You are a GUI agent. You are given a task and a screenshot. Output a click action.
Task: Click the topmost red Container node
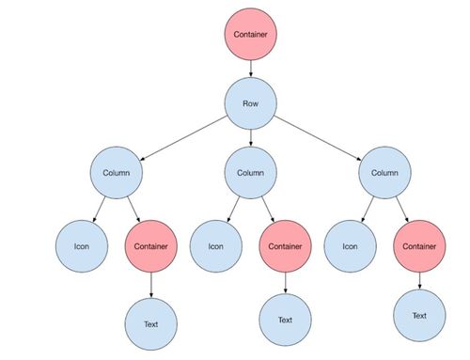click(251, 34)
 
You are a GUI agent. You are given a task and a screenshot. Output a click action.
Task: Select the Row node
click(251, 103)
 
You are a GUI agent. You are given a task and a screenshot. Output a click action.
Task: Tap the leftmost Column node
click(117, 173)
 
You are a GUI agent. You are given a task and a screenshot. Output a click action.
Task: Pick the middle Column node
click(251, 173)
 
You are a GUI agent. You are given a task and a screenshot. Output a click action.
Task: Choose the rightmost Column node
click(384, 173)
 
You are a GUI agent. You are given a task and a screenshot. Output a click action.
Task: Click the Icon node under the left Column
click(82, 246)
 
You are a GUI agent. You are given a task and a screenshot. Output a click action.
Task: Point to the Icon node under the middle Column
click(216, 246)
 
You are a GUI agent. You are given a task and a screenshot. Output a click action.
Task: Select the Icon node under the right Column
click(350, 246)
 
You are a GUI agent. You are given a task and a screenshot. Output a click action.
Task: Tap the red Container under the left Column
click(151, 246)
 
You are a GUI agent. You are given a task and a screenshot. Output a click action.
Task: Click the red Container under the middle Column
click(285, 246)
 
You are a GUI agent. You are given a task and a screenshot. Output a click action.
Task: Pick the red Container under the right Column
click(419, 246)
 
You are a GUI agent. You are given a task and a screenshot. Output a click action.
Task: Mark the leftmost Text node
click(151, 324)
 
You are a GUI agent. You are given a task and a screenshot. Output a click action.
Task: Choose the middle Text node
click(285, 320)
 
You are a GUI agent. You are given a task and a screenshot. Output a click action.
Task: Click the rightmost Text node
click(419, 315)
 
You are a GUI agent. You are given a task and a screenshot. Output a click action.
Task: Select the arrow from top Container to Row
click(251, 69)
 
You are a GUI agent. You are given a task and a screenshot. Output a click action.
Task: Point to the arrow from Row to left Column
click(183, 138)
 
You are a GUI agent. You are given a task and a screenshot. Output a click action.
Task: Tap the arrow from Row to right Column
click(318, 138)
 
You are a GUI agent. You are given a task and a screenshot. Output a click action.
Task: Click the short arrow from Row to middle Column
click(251, 138)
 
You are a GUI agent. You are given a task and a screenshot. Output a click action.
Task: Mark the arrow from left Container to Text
click(151, 285)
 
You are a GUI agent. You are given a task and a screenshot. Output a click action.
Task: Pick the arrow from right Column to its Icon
click(368, 210)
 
